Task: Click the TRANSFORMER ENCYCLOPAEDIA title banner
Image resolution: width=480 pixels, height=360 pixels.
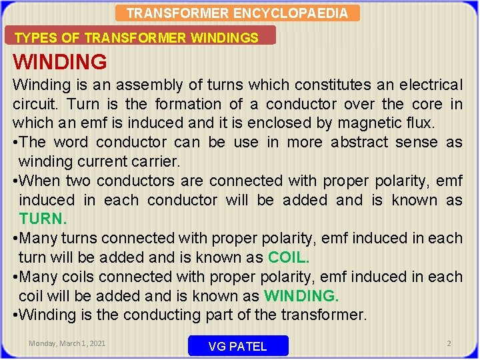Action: point(237,13)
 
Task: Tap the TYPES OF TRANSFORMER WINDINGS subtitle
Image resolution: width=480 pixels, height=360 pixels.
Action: point(137,38)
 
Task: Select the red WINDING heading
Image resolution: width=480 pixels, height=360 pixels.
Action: point(60,62)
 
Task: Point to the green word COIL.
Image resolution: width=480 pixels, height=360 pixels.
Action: point(289,257)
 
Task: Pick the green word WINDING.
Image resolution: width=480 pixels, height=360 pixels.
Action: point(301,295)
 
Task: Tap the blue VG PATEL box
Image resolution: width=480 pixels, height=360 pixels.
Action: point(238,345)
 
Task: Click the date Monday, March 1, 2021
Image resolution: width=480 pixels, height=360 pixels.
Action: point(67,343)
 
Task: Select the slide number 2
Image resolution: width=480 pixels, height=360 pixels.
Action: point(449,343)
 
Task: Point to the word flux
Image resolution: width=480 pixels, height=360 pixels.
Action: point(418,123)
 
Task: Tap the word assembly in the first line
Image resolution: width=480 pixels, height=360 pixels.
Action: point(139,85)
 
